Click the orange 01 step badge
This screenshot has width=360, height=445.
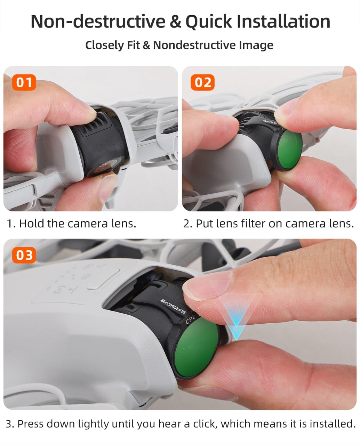pos(24,82)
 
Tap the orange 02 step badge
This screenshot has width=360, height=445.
pos(203,82)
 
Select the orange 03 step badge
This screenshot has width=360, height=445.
pos(24,255)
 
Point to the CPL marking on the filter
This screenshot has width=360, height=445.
pos(190,319)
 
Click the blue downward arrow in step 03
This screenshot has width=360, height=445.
pos(236,329)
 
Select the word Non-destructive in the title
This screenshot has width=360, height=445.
pos(98,22)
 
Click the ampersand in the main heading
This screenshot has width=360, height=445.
pos(176,22)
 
